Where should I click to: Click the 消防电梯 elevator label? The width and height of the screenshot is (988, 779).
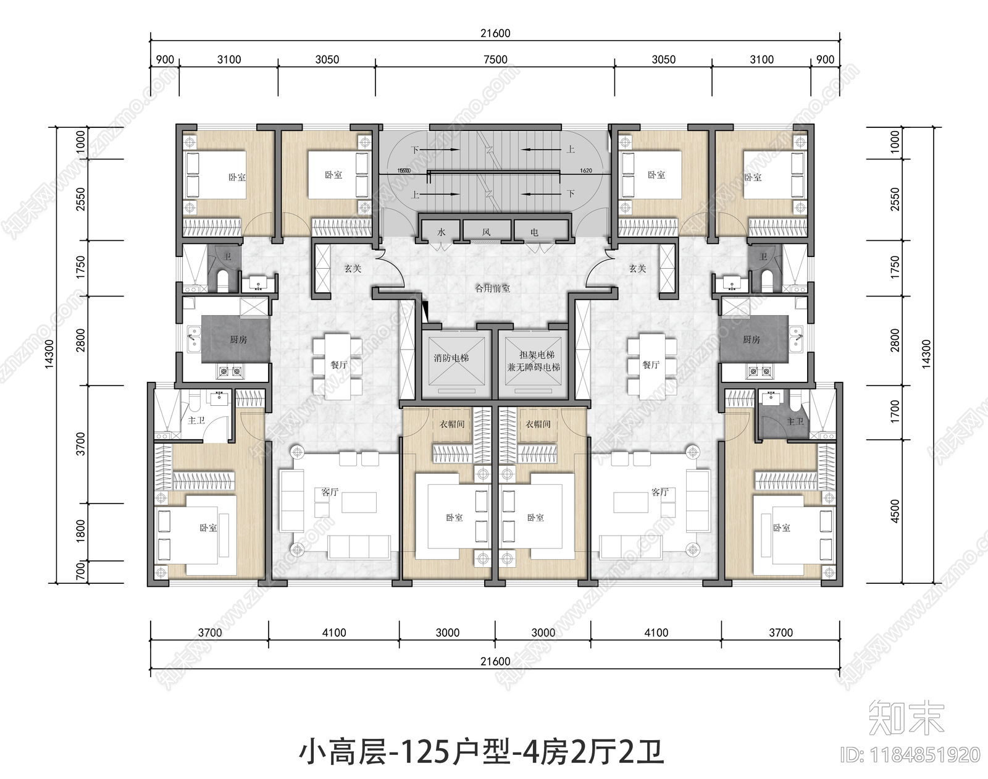point(451,358)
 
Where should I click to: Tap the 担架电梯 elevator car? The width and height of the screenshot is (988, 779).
point(534,361)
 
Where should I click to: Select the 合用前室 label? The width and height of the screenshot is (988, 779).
point(492,288)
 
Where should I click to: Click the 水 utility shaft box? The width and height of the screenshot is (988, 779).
point(441,232)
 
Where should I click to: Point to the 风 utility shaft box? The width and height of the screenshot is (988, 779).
point(487,232)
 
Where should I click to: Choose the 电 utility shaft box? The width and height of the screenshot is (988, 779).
point(534,232)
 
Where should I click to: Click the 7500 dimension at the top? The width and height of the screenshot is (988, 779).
point(495,60)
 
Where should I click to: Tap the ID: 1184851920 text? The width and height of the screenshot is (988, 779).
point(910,754)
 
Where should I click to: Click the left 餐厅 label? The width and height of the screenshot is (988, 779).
point(338,364)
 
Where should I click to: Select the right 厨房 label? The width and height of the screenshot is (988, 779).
point(751,339)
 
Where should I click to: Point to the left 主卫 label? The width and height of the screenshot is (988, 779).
point(196,420)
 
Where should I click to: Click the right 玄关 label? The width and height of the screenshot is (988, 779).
point(637,269)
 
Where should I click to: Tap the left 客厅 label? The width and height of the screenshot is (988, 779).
point(330,492)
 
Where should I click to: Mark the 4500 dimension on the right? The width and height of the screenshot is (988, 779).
point(896,510)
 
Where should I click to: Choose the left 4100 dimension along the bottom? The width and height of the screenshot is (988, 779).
point(334,633)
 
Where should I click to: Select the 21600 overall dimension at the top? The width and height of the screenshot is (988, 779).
point(495,33)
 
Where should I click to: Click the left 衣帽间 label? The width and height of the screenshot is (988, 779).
point(451,424)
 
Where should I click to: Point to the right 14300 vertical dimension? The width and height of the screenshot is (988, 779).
point(926,353)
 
